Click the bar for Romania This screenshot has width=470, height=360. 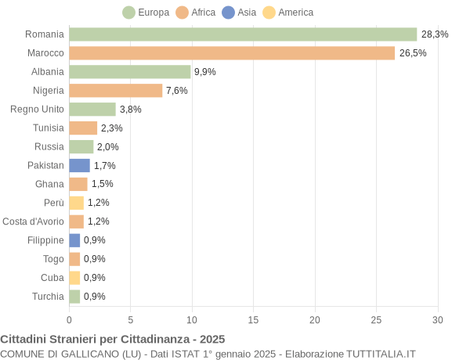243,34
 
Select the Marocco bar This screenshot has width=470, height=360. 232,53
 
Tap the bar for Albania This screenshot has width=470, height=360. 130,72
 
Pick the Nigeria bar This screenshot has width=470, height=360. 116,91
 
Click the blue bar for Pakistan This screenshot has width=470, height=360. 79,165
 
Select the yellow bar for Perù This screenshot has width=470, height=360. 76,203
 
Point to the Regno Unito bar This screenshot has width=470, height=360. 92,110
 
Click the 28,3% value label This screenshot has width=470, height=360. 435,34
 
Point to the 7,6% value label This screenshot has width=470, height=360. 177,91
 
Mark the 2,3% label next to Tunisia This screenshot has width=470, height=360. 112,128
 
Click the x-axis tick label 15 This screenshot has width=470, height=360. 253,319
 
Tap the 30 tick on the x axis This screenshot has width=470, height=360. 437,319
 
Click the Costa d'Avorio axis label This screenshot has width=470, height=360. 33,221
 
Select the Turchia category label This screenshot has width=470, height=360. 48,297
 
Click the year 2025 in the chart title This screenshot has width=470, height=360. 211,339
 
